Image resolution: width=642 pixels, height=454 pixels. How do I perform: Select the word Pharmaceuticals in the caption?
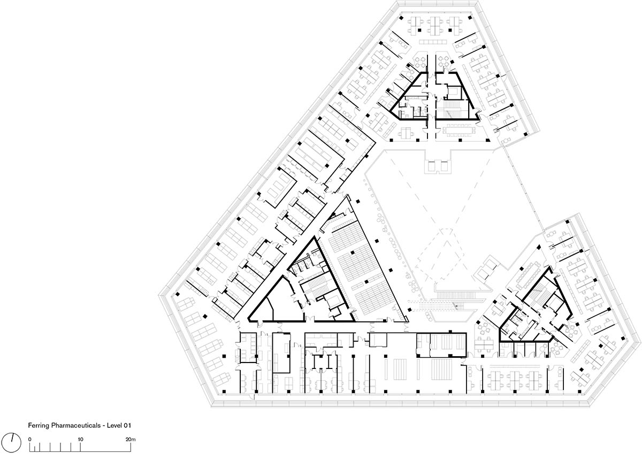[x=76, y=425]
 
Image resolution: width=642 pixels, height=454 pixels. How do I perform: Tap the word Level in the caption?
[x=114, y=425]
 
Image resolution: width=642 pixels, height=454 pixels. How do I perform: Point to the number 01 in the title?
[x=127, y=425]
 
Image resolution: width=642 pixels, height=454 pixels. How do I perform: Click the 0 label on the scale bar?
[x=30, y=440]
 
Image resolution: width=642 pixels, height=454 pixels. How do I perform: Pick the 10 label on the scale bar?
[x=81, y=440]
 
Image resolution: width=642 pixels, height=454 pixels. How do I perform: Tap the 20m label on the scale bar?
[x=131, y=440]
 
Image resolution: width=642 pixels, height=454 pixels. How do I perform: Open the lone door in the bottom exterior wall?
[x=51, y=396]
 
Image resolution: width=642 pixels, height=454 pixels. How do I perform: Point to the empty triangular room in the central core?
[x=275, y=304]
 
